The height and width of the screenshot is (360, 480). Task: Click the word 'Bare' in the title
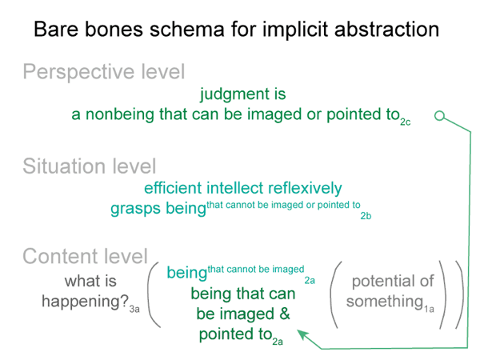(56, 30)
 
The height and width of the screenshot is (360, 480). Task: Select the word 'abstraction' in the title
(386, 30)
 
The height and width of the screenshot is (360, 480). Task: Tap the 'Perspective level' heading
(104, 73)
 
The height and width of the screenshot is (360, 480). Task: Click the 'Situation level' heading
(90, 166)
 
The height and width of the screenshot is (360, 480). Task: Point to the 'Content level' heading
(86, 256)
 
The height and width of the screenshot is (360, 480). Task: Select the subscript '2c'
(405, 122)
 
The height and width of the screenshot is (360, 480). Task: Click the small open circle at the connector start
(439, 116)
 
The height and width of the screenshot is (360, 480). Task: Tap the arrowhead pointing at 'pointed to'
(303, 334)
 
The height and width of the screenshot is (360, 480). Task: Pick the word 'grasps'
(136, 209)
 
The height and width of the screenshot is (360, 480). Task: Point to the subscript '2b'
(366, 216)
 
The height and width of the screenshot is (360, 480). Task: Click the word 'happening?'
(85, 302)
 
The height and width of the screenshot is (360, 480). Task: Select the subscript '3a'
(134, 309)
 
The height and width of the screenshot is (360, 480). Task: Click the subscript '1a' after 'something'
(429, 309)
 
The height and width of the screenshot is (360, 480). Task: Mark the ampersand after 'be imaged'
(284, 314)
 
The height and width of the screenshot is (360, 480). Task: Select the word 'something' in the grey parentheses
(385, 302)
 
